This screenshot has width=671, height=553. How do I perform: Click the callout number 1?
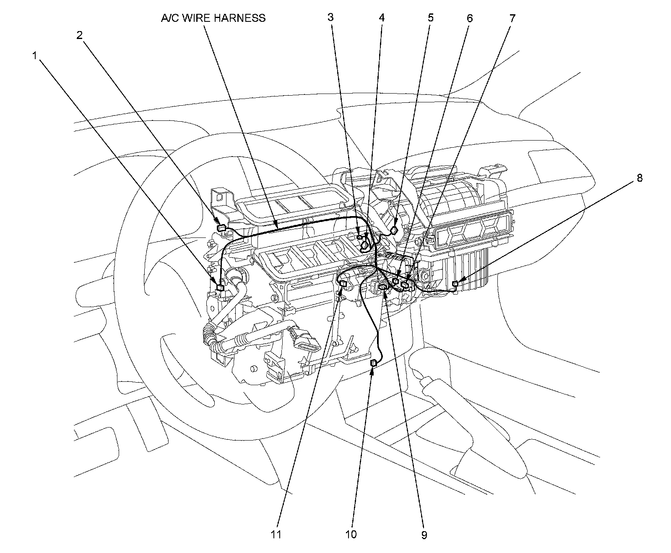(36, 55)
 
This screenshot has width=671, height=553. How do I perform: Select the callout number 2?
(80, 35)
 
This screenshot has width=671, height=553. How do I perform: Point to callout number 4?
(381, 18)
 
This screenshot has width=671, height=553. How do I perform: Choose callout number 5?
(431, 18)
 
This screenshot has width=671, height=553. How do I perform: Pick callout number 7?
(513, 18)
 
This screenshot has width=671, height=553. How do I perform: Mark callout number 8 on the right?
(639, 178)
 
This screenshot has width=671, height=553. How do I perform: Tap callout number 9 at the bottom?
(424, 535)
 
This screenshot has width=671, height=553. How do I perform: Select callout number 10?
(351, 535)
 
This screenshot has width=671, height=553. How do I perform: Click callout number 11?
(276, 535)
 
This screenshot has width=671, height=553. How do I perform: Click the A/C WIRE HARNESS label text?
(213, 18)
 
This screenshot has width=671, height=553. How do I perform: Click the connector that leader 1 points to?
(220, 287)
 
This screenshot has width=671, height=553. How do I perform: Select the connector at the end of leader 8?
(455, 285)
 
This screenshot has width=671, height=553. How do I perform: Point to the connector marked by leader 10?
(373, 363)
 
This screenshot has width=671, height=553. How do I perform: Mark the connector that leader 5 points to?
(394, 230)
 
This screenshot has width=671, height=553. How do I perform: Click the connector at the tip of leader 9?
(383, 287)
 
